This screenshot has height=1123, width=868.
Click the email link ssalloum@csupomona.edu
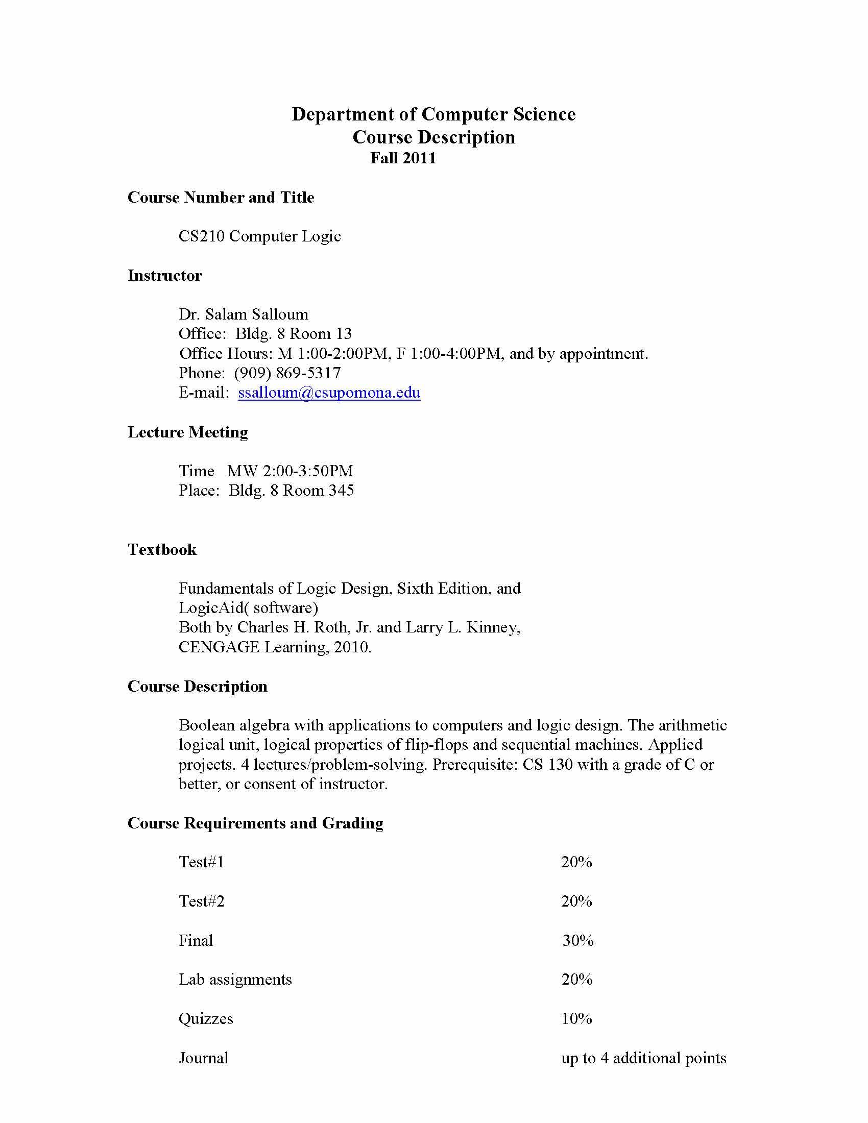pyautogui.click(x=329, y=393)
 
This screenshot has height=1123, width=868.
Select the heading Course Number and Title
pyautogui.click(x=221, y=198)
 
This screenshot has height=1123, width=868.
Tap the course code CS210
pyautogui.click(x=202, y=236)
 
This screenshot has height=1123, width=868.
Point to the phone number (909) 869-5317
pyautogui.click(x=287, y=373)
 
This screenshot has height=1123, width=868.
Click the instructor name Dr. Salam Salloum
pyautogui.click(x=243, y=314)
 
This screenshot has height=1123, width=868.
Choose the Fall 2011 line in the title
pyautogui.click(x=403, y=158)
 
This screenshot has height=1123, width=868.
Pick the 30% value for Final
pyautogui.click(x=577, y=941)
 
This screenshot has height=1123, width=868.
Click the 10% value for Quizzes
pyautogui.click(x=576, y=1019)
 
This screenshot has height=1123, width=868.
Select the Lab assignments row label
pyautogui.click(x=235, y=980)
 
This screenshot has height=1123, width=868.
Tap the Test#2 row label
pyautogui.click(x=202, y=901)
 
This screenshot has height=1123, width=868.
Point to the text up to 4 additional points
pyautogui.click(x=644, y=1058)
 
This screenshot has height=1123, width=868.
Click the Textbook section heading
pyautogui.click(x=162, y=550)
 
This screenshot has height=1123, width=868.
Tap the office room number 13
pyautogui.click(x=344, y=334)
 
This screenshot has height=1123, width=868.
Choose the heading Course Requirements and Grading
pyautogui.click(x=255, y=823)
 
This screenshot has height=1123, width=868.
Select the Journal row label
pyautogui.click(x=203, y=1058)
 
